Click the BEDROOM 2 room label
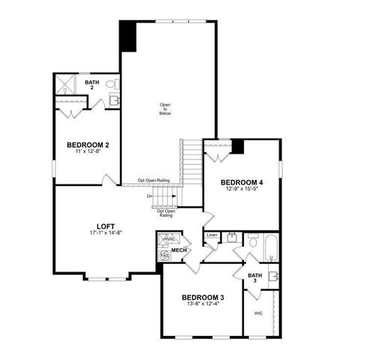tap(88, 145)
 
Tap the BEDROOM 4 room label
tap(242, 182)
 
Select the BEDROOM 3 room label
tap(202, 297)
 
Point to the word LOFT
tap(106, 226)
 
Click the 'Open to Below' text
tap(164, 108)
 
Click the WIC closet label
tap(258, 313)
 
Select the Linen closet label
tap(212, 235)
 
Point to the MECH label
tap(179, 250)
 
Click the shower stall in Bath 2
tap(67, 85)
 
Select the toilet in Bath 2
tap(110, 84)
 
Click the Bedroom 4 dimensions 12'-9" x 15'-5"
tap(242, 190)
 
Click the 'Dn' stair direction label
tap(150, 197)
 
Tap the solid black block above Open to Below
tap(128, 36)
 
